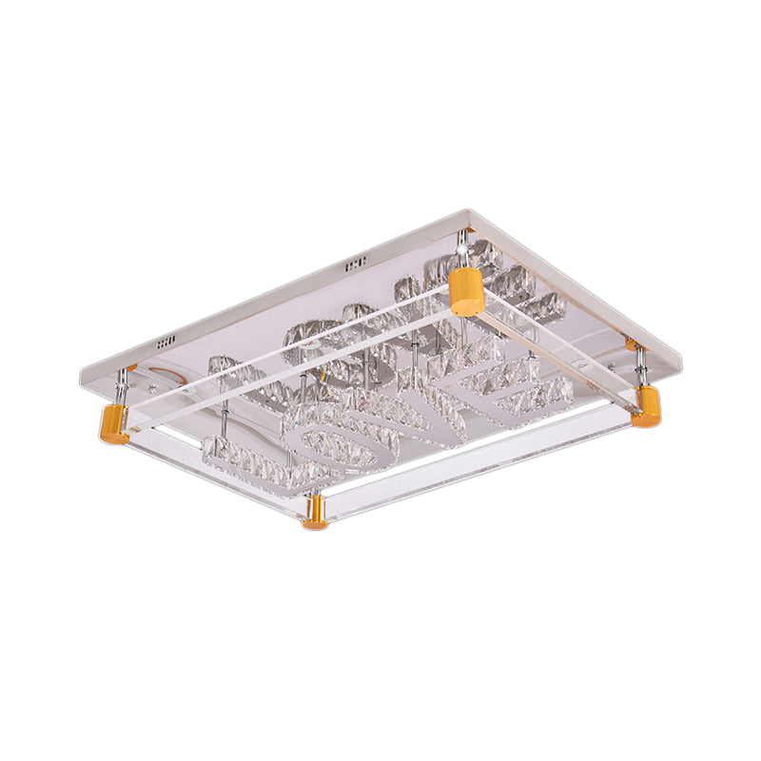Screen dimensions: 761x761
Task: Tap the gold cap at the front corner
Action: [315, 515]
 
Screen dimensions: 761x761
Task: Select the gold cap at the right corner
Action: [646, 406]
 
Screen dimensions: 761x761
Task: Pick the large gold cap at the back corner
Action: [466, 291]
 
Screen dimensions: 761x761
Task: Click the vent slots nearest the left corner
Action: [167, 340]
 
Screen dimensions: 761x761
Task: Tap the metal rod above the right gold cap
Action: [643, 367]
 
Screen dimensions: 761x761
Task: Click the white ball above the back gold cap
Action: [464, 248]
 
